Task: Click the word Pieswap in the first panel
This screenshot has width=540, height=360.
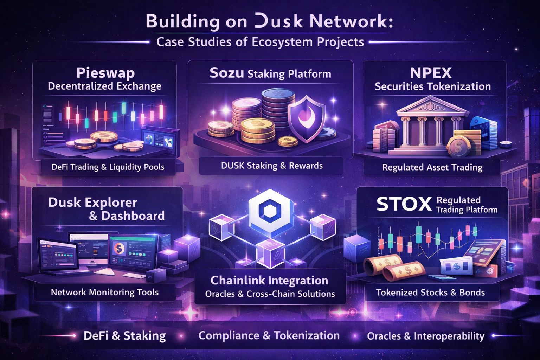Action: pos(105,73)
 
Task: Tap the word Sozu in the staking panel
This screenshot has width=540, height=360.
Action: pos(226,73)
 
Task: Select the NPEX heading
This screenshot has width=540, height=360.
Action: pos(431,73)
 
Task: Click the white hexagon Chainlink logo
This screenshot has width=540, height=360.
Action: pos(270,210)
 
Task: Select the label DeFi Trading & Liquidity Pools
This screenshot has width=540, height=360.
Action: pos(108,167)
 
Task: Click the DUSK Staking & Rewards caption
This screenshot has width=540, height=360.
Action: pos(272,166)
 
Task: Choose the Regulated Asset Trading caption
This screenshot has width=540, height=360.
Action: pos(432,167)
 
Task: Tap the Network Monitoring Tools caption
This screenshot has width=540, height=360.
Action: pos(105,292)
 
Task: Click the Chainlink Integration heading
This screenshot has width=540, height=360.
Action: pos(269,281)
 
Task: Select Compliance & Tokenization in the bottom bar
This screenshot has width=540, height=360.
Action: pos(269,335)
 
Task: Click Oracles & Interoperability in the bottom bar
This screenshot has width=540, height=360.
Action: pos(425,336)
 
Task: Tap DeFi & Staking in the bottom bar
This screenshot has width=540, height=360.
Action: pos(125,335)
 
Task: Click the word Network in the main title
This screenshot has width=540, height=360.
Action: pos(351,22)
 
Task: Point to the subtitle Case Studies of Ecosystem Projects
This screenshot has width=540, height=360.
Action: pos(260,42)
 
